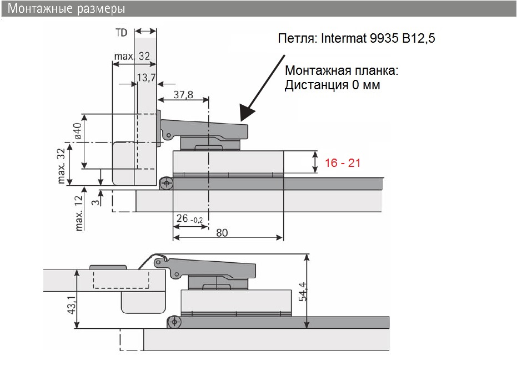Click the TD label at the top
pos(121,33)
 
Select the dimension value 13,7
pos(147,78)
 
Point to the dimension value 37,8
pos(183,95)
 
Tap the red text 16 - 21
pos(343,162)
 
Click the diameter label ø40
pos(78,131)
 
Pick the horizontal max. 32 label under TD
pos(132,57)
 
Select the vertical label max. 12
pos(79,213)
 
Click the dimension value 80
pos(222,233)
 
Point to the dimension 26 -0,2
pos(188,219)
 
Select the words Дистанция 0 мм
pos(333,85)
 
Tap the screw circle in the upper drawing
pos(165,183)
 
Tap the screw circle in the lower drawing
pos(174,322)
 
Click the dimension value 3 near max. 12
pos(96,203)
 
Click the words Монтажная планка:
pos(342,72)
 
